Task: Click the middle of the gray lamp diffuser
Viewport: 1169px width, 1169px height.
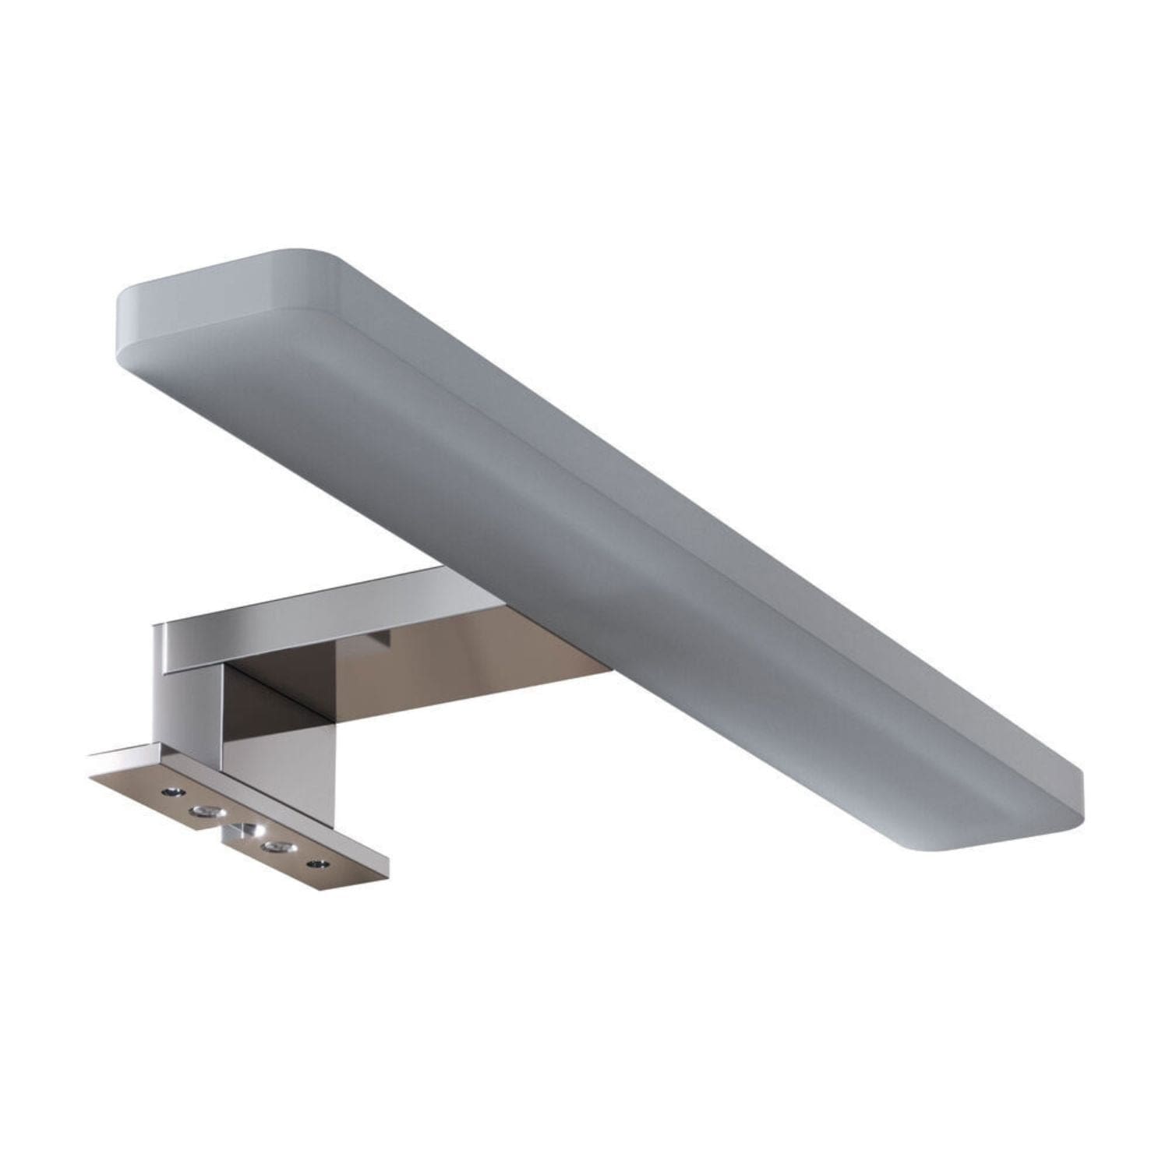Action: [x=592, y=530]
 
